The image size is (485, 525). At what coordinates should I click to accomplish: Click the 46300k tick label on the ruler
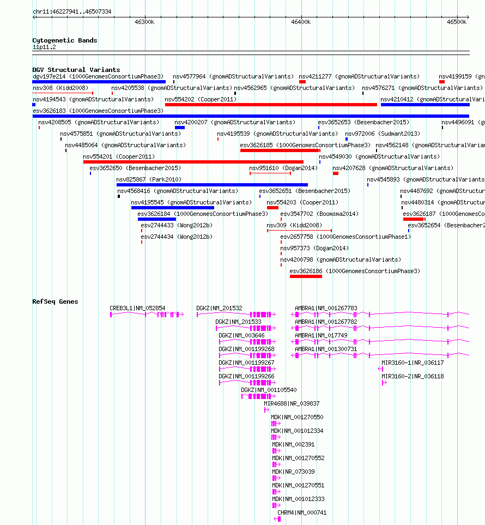[144, 22]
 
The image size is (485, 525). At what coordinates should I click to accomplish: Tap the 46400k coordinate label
[301, 22]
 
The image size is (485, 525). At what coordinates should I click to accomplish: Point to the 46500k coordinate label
[457, 22]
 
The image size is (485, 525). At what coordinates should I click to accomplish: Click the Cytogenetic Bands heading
[65, 40]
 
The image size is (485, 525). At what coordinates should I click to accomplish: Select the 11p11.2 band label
[44, 47]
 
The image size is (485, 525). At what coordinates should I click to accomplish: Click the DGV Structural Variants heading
[76, 70]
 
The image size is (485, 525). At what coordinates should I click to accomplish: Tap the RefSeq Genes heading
[55, 301]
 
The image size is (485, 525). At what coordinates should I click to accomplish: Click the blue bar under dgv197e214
[99, 82]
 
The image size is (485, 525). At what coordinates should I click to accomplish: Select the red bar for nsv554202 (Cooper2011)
[271, 105]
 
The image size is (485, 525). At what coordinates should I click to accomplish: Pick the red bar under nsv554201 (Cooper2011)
[193, 162]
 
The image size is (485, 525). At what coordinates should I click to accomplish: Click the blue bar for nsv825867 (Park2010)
[212, 185]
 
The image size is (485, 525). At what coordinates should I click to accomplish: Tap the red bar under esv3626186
[306, 276]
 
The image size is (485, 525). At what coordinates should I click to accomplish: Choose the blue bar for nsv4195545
[172, 208]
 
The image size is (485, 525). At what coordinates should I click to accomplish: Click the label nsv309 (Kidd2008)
[294, 225]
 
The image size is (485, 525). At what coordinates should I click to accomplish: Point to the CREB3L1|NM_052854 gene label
[137, 308]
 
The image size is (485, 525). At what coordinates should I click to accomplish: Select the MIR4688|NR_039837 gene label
[292, 403]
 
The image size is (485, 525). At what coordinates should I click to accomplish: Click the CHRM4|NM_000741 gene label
[302, 512]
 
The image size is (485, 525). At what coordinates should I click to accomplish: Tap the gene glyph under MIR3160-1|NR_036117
[380, 369]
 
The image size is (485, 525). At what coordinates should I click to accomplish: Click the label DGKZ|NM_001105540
[269, 390]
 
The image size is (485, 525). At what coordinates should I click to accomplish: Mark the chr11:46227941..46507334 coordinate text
[72, 11]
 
